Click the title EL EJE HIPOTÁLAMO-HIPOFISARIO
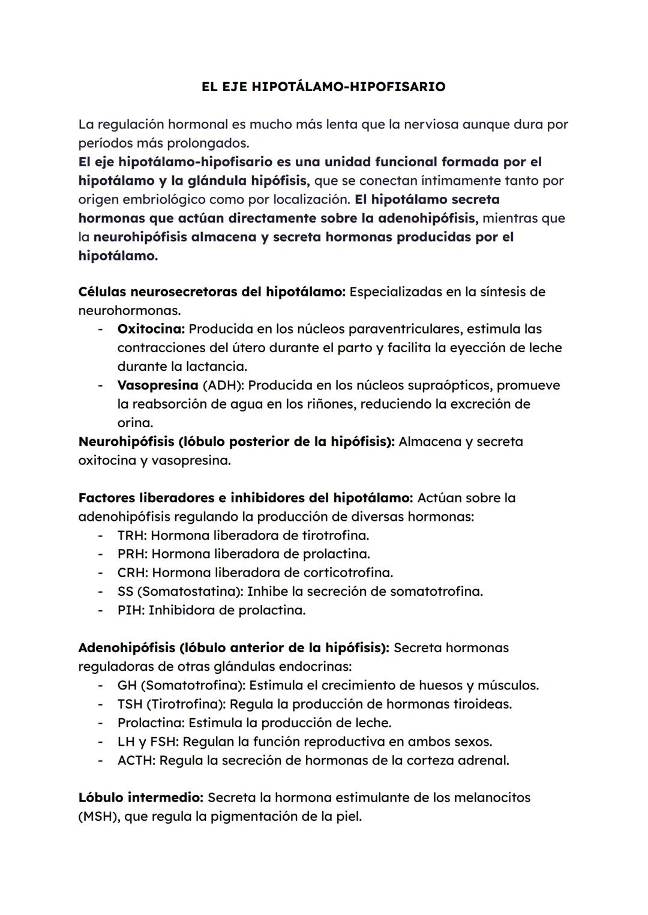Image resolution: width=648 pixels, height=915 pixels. pyautogui.click(x=323, y=87)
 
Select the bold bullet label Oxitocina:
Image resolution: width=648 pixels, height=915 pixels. pyautogui.click(x=151, y=329)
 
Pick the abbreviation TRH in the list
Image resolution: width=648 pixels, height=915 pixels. pyautogui.click(x=131, y=535)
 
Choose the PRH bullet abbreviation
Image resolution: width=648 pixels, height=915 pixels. pyautogui.click(x=131, y=554)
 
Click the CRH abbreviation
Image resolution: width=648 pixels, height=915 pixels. pyautogui.click(x=131, y=572)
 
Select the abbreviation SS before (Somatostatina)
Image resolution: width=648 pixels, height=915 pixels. pyautogui.click(x=125, y=592)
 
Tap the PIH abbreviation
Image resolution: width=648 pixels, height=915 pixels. pyautogui.click(x=130, y=610)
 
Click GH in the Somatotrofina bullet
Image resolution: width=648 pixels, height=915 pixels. pyautogui.click(x=127, y=685)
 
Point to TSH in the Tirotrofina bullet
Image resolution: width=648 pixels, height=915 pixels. pyautogui.click(x=130, y=704)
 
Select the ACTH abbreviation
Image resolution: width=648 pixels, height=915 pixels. pyautogui.click(x=136, y=760)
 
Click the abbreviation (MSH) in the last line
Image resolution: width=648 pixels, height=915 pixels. pyautogui.click(x=98, y=817)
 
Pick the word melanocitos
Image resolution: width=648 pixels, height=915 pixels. pyautogui.click(x=491, y=798)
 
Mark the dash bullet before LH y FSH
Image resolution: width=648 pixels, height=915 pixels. pyautogui.click(x=101, y=742)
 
